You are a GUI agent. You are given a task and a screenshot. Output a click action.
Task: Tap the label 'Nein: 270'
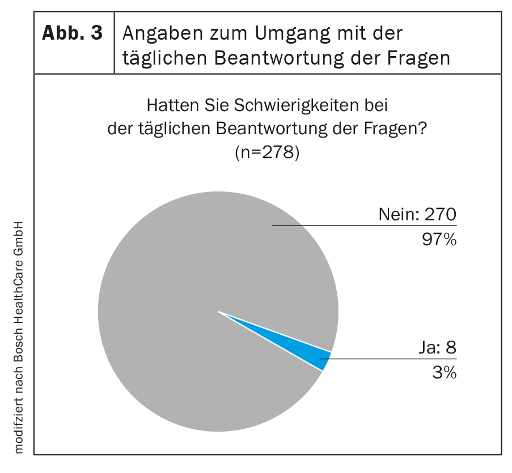pyautogui.click(x=417, y=215)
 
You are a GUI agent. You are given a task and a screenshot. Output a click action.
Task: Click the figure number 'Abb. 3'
pyautogui.click(x=73, y=33)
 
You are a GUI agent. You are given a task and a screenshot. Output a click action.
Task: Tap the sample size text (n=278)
pyautogui.click(x=266, y=154)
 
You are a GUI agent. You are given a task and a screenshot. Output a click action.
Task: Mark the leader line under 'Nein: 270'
pyautogui.click(x=363, y=225)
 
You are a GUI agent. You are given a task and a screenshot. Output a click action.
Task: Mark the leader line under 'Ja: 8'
pyautogui.click(x=391, y=359)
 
